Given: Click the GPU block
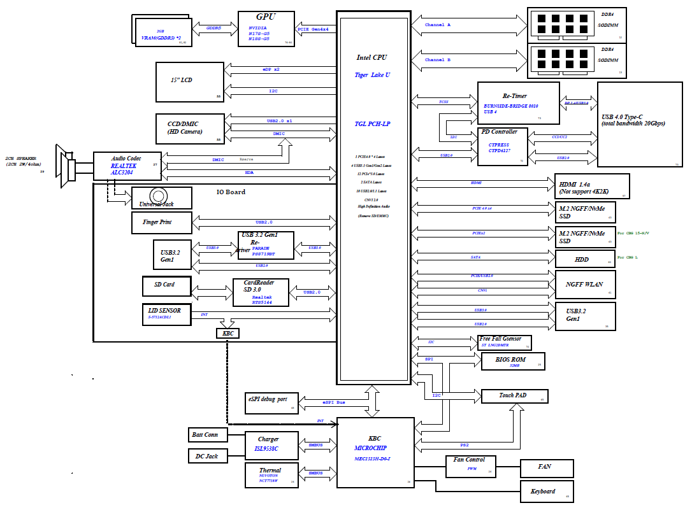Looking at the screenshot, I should pos(266,29).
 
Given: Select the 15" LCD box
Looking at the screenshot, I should pos(190,81).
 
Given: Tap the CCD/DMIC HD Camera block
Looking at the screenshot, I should pos(190,128).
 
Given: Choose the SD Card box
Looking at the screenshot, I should pos(167,286).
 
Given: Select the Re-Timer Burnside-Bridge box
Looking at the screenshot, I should pos(518,103).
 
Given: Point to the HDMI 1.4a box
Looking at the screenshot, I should pos(592,186).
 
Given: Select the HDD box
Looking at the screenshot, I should pos(585,259).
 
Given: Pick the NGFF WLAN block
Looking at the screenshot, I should pos(585,284).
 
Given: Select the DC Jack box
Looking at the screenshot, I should pos(206,456).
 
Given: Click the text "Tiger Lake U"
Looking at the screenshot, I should pos(373,75).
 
